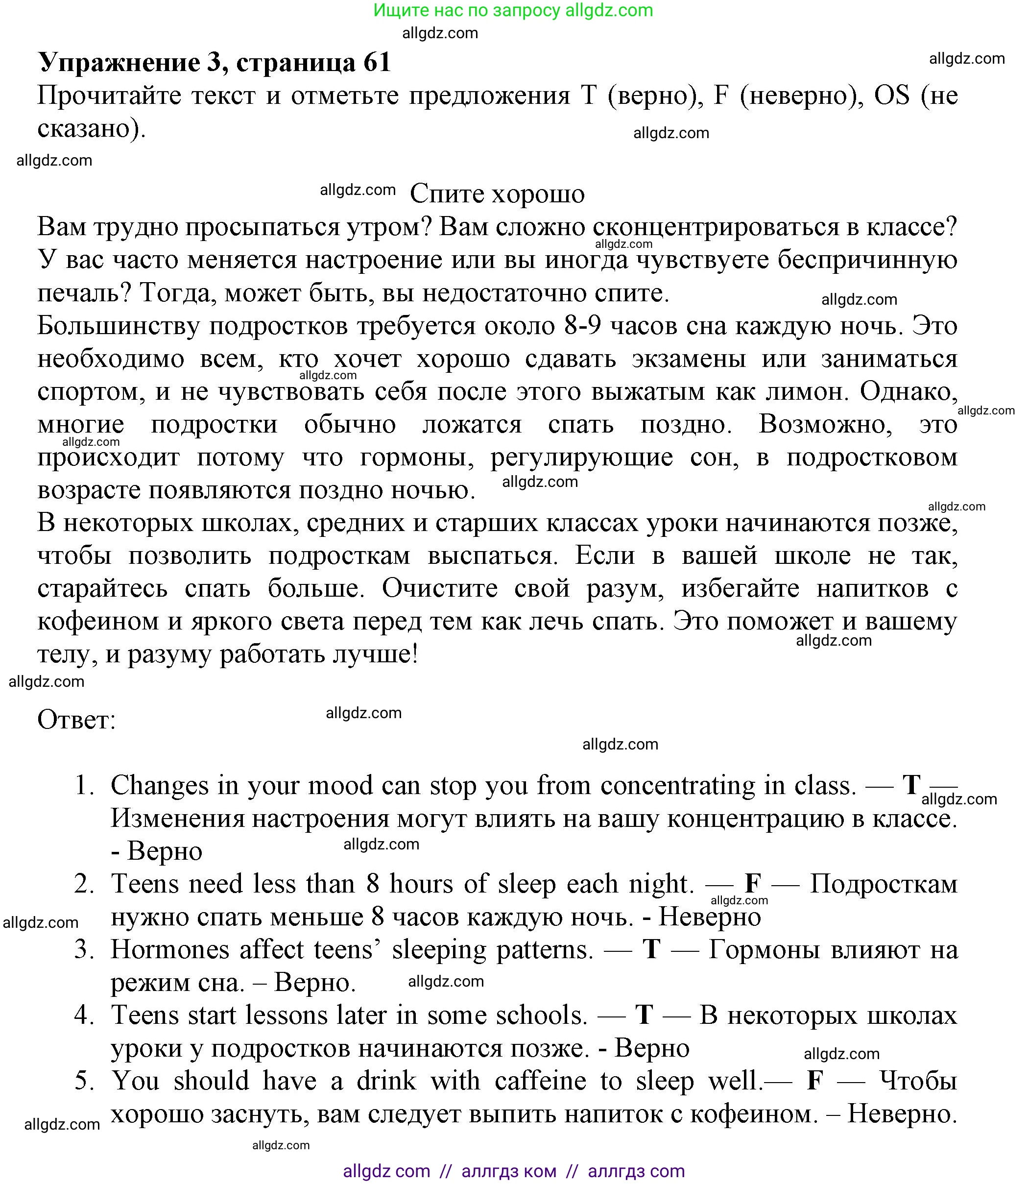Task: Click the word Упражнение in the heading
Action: (120, 62)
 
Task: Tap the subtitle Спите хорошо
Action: (497, 194)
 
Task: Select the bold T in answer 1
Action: (911, 785)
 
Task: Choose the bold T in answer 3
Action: (651, 950)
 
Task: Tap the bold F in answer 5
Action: (814, 1081)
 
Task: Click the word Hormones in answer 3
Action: (170, 950)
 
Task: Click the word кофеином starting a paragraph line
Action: (98, 622)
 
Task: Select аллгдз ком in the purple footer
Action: (508, 1171)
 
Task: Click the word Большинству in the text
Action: (118, 326)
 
